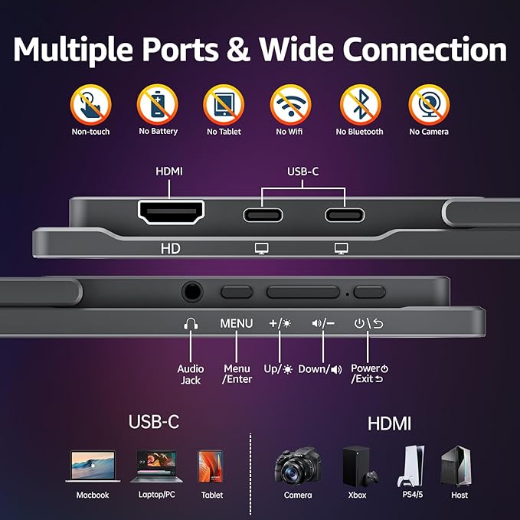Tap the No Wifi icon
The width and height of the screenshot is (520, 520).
290,104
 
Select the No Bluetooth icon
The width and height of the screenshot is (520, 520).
359,104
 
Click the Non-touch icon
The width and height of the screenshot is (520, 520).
91,104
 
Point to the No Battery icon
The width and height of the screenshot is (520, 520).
158,104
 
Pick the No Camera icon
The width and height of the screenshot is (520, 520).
428,104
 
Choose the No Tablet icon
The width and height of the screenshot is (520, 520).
224,104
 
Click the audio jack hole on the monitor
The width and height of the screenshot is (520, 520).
191,291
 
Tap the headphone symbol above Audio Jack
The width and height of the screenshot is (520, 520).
191,323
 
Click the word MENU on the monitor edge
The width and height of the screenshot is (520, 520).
236,323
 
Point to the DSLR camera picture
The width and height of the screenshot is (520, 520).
297,466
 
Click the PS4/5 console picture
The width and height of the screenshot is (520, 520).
407,466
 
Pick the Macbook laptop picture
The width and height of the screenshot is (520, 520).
92,466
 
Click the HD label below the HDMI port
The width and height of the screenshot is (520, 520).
170,249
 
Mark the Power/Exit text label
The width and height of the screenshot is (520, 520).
370,373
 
